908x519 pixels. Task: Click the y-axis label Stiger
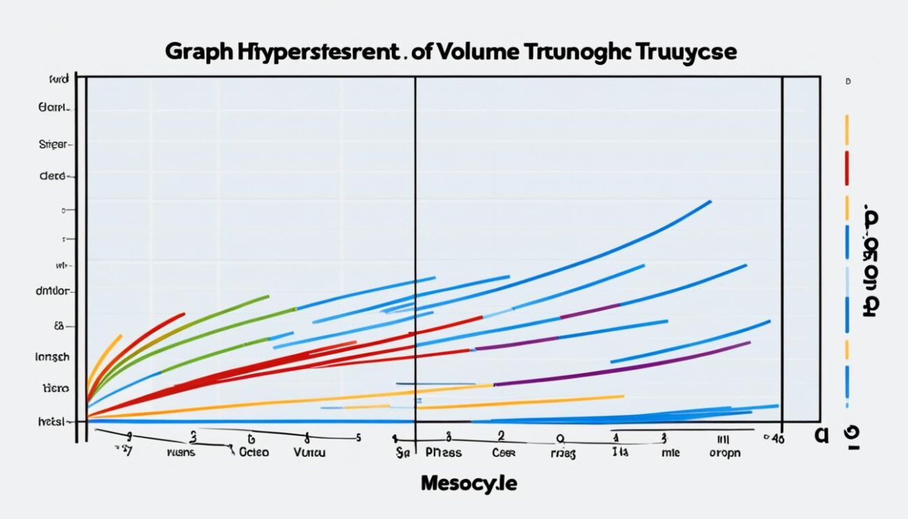(x=53, y=145)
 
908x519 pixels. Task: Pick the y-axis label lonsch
(x=52, y=356)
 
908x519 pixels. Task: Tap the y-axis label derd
(x=53, y=177)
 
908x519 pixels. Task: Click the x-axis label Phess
(x=443, y=453)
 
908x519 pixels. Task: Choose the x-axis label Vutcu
(x=309, y=453)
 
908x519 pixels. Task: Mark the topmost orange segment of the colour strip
(x=847, y=129)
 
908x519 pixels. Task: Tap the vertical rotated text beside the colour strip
(x=871, y=261)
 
